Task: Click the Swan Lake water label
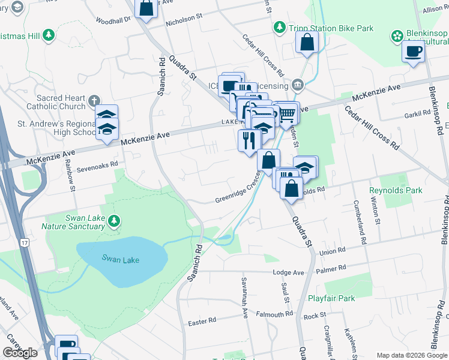pyautogui.click(x=121, y=260)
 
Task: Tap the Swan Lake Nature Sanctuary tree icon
pyautogui.click(x=114, y=223)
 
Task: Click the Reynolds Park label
pyautogui.click(x=396, y=190)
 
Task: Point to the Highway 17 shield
pyautogui.click(x=23, y=225)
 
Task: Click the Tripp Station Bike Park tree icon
pyautogui.click(x=279, y=28)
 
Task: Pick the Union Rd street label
pyautogui.click(x=333, y=251)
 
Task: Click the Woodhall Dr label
pyautogui.click(x=112, y=20)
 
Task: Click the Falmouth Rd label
pyautogui.click(x=274, y=314)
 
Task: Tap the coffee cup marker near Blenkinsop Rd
pyautogui.click(x=413, y=52)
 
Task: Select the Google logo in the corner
pyautogui.click(x=20, y=353)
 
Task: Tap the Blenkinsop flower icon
pyautogui.click(x=397, y=37)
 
